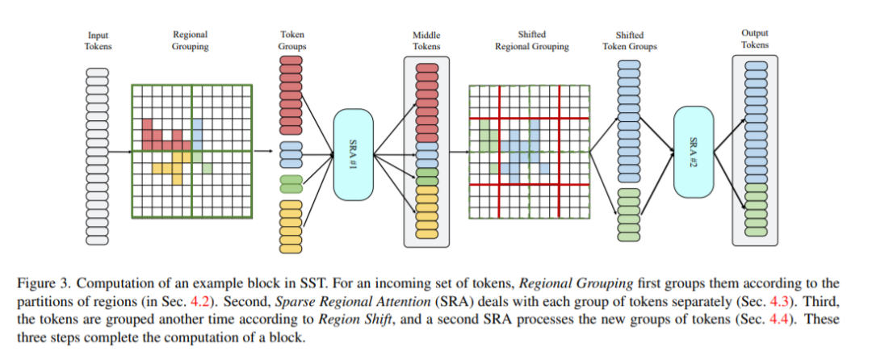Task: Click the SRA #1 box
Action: coord(353,154)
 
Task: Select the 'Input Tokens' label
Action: coord(99,40)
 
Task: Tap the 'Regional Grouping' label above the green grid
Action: coord(191,40)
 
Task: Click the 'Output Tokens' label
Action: coord(754,39)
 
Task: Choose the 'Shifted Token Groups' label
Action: coord(629,40)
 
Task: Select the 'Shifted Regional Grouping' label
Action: coord(531,40)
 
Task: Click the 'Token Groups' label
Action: coord(292,40)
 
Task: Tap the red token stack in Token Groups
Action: coord(291,96)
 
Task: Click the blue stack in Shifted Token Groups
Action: coord(628,120)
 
